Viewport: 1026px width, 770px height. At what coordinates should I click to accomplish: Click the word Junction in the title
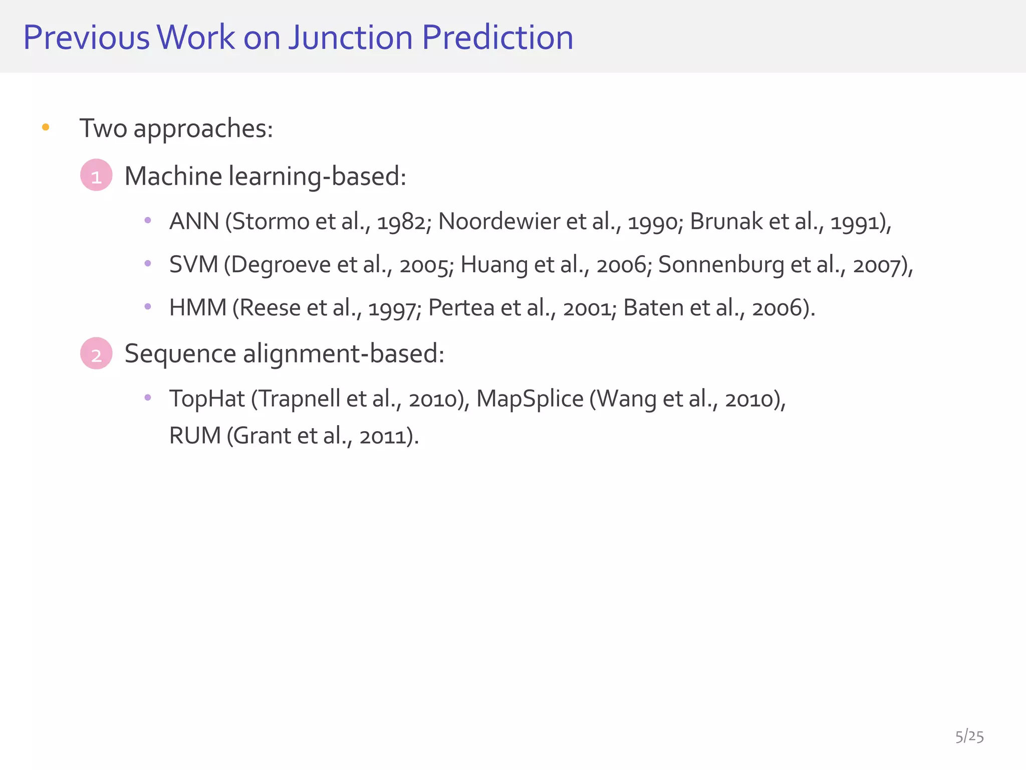tap(350, 38)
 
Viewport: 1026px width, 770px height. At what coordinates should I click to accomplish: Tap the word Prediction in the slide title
tap(497, 38)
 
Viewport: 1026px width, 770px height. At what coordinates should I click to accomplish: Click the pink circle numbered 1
tap(96, 175)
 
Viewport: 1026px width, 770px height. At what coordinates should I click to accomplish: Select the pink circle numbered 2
tap(96, 353)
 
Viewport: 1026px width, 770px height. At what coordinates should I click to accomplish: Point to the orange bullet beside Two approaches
tap(46, 127)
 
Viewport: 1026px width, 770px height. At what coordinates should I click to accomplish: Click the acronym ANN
tap(194, 221)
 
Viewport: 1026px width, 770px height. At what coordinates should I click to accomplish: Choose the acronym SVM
tap(193, 264)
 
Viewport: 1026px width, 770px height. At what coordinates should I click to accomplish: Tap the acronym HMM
tap(198, 307)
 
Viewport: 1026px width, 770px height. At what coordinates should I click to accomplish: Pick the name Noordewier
tap(499, 221)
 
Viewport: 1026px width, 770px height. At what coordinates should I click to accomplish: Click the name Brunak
tap(726, 221)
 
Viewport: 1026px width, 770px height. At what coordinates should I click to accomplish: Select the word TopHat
tap(207, 399)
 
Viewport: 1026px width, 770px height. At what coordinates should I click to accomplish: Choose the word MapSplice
tap(530, 399)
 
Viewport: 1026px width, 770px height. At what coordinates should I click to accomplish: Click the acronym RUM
tap(195, 435)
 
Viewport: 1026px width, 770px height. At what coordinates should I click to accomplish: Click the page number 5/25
tap(969, 736)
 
